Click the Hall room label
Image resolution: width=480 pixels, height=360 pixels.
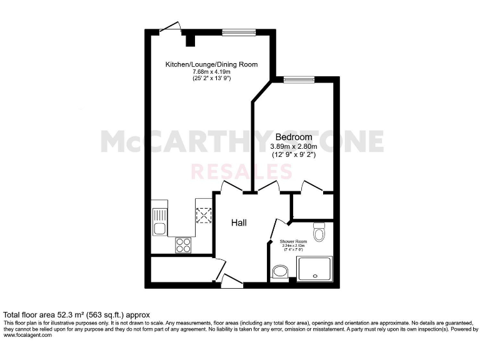tap(239, 222)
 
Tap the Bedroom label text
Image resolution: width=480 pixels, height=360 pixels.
tap(294, 137)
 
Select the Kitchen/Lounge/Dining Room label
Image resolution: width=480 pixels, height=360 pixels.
tap(211, 64)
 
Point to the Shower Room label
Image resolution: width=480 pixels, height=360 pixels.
tap(293, 242)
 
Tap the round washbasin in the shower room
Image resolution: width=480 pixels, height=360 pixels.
tap(281, 271)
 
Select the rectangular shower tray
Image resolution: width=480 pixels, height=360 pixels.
tap(316, 269)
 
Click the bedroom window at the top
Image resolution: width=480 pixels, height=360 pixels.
tap(297, 79)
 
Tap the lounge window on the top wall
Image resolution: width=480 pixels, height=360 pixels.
tap(238, 32)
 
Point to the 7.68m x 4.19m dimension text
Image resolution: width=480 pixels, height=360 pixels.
tap(211, 72)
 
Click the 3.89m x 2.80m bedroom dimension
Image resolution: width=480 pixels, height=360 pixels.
tap(294, 146)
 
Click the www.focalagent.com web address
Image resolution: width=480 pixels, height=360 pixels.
tap(28, 335)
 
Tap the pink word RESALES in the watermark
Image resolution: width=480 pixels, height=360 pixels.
tap(241, 171)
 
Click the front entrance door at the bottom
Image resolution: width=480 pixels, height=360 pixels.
tap(232, 282)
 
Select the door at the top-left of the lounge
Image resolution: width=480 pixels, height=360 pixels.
tap(170, 27)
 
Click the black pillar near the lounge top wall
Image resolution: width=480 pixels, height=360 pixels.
tap(190, 39)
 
